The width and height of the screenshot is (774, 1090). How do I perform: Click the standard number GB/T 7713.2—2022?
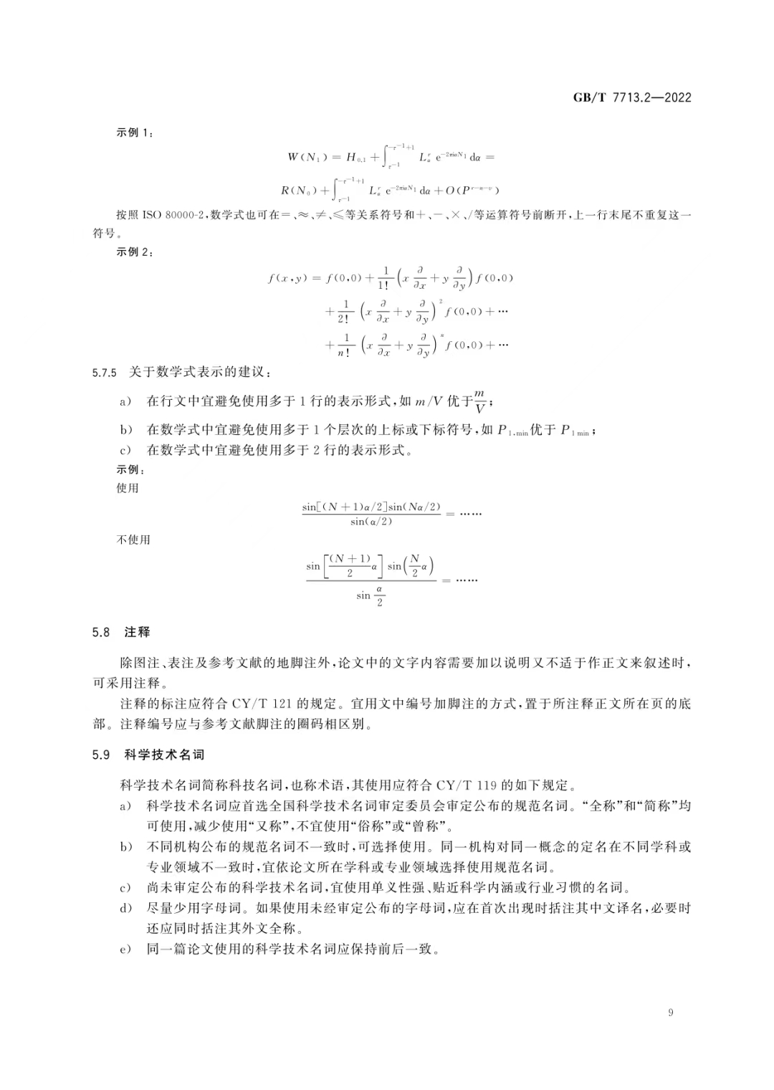tap(631, 98)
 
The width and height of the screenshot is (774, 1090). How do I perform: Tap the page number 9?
tap(670, 1013)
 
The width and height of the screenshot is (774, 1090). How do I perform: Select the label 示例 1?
tap(135, 133)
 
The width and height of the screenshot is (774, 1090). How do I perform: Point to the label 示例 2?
tap(135, 252)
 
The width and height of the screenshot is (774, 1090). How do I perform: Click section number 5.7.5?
tap(105, 373)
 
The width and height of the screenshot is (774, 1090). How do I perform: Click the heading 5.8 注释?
tap(121, 632)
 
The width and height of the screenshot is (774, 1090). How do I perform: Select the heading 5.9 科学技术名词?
tap(148, 755)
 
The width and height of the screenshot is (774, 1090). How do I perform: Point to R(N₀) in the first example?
tap(299, 191)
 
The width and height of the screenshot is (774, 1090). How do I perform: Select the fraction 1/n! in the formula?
tap(345, 345)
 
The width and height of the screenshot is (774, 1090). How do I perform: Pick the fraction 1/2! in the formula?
tap(345, 312)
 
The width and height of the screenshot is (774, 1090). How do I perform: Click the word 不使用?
tap(133, 540)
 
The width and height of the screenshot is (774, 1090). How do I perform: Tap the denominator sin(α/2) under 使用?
tap(371, 522)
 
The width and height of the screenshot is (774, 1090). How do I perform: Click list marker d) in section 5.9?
tap(126, 909)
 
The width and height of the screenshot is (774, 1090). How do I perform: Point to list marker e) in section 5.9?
tap(126, 950)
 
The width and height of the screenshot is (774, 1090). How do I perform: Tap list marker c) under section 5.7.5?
tap(126, 451)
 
